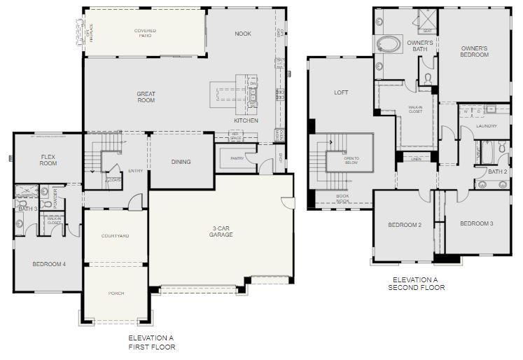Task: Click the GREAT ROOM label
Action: coord(146,97)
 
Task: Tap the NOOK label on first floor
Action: coord(243,34)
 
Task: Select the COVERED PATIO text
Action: coord(145,33)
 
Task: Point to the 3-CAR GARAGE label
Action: coord(221,230)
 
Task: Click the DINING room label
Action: coord(181,162)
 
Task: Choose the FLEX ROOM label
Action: coord(48,160)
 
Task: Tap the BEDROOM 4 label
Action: coord(49,264)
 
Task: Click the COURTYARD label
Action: coord(115,236)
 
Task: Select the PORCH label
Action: coord(116,293)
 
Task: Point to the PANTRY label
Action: coord(237,159)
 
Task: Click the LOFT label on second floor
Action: coord(341,92)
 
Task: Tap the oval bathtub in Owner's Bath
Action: coord(388,44)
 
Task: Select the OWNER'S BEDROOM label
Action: coord(474,51)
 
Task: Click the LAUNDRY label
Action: coord(486,126)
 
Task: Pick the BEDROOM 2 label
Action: coord(405,225)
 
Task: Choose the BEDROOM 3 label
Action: coord(476,223)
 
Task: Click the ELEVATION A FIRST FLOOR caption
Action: coord(151,342)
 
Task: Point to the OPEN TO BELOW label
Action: coord(351,161)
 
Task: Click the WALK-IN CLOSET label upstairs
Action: coord(415,110)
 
